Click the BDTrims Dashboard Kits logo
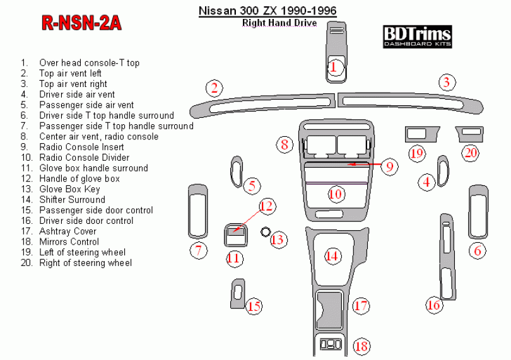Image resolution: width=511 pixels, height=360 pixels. (417, 37)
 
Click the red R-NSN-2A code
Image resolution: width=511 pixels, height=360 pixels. (81, 23)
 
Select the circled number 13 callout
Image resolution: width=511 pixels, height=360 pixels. (278, 240)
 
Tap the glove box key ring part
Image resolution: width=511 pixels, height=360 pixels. (265, 231)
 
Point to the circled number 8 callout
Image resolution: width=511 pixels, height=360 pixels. (285, 144)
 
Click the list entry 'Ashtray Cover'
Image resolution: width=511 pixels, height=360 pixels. (68, 231)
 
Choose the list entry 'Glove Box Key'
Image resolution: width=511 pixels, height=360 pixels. (69, 189)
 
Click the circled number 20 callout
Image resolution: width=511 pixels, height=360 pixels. (471, 153)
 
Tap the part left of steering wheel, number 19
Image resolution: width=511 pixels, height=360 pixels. (421, 134)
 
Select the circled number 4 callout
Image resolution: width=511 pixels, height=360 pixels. (426, 182)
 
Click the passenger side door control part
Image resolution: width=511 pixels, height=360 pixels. (237, 294)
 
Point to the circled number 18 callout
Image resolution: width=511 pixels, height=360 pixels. (361, 346)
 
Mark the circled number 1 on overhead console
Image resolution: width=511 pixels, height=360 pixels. (333, 67)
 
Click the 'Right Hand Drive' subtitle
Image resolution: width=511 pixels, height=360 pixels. (279, 23)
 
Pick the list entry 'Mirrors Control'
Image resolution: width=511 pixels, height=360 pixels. (69, 241)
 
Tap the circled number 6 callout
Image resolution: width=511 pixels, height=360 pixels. (478, 251)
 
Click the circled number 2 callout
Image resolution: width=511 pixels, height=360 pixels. (214, 88)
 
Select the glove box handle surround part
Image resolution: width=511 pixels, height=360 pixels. (235, 235)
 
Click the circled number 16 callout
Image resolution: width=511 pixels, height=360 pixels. (434, 305)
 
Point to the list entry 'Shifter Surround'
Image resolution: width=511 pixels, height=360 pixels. (72, 200)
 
